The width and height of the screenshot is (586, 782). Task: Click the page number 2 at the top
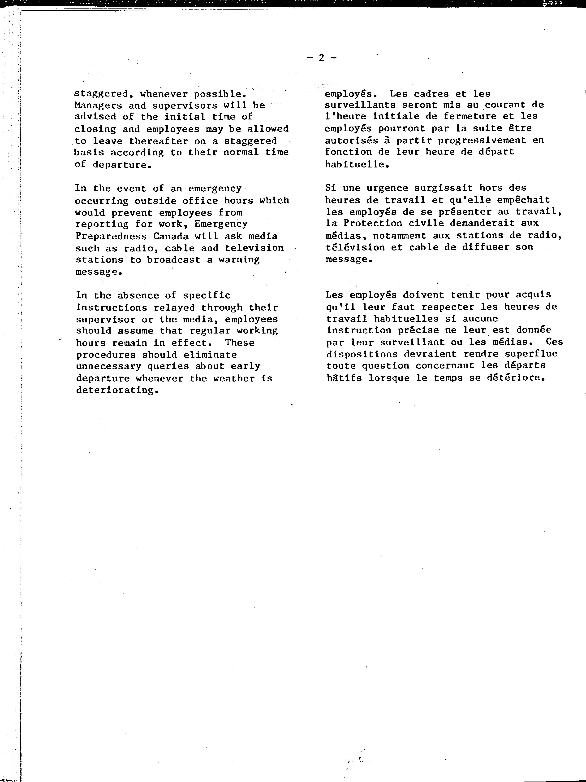click(321, 58)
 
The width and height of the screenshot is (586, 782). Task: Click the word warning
click(239, 260)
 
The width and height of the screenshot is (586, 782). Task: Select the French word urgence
click(387, 188)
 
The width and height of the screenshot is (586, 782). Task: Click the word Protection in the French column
click(373, 224)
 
